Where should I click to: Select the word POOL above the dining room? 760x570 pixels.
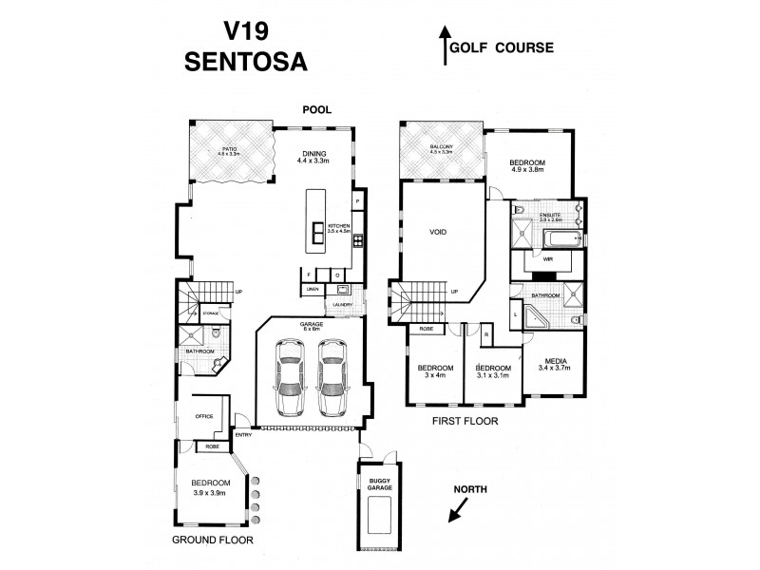[316, 110]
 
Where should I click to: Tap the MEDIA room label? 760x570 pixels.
[556, 363]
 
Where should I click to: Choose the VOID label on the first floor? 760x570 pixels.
[439, 232]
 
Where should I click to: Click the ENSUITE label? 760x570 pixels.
[551, 215]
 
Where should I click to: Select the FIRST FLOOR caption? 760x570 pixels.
[465, 419]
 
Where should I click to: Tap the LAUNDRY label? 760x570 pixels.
[343, 304]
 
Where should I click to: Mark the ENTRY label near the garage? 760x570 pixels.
[243, 435]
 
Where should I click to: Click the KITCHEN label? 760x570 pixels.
[339, 224]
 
